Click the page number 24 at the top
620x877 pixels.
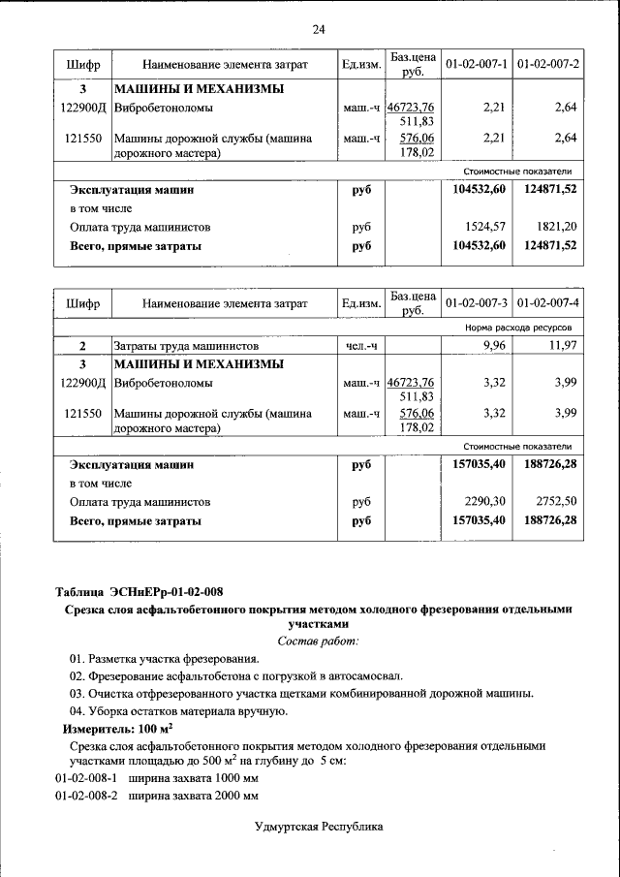319,29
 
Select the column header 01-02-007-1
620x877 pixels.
477,64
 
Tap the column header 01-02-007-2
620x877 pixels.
548,64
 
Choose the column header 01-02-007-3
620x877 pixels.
477,303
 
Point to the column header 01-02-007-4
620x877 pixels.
548,303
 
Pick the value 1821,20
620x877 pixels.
557,227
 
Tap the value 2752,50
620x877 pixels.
557,502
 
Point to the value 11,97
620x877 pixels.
562,346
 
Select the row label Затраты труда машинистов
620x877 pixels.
186,346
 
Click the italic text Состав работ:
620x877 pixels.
318,641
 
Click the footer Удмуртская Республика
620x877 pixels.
319,827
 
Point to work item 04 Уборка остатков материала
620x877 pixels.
178,710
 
